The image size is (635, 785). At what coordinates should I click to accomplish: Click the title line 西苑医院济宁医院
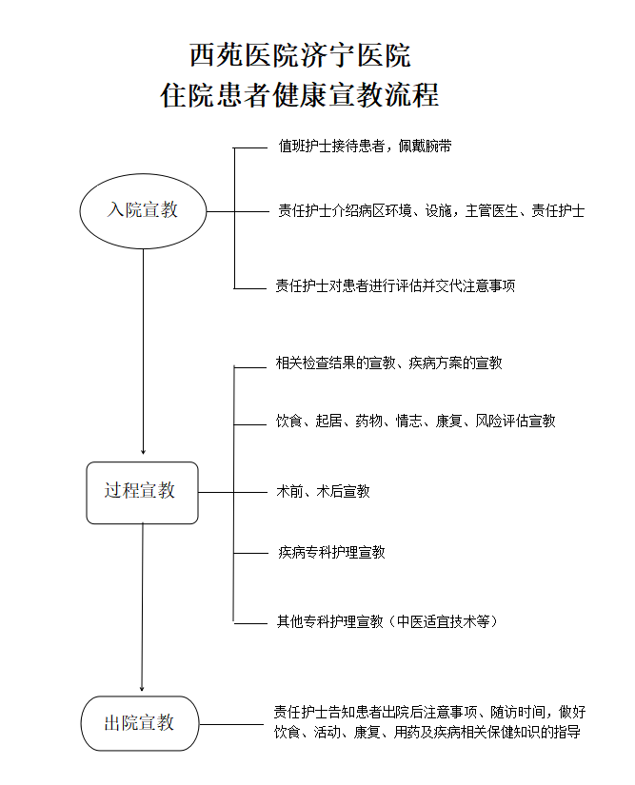[300, 55]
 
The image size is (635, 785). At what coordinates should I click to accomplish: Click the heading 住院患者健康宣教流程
[300, 95]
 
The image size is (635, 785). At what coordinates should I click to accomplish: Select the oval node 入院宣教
[143, 210]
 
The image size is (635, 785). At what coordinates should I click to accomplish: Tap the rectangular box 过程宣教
[142, 492]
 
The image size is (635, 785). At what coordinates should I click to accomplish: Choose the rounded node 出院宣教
[141, 723]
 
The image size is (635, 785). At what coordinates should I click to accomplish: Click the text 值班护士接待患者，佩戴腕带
[365, 147]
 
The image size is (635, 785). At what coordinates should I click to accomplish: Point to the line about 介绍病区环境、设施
[430, 210]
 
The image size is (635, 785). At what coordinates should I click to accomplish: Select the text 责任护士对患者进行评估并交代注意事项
[395, 285]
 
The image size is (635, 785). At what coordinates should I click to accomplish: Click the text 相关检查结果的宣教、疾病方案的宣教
[388, 363]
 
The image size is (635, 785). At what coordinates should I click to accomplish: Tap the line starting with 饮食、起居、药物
[415, 421]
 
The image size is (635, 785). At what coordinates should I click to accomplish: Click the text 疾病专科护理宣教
[331, 552]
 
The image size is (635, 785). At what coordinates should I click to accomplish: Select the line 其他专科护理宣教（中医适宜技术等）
[387, 621]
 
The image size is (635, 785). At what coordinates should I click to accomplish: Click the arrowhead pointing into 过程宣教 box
[143, 450]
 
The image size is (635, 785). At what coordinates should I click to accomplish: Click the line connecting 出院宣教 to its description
[231, 724]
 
